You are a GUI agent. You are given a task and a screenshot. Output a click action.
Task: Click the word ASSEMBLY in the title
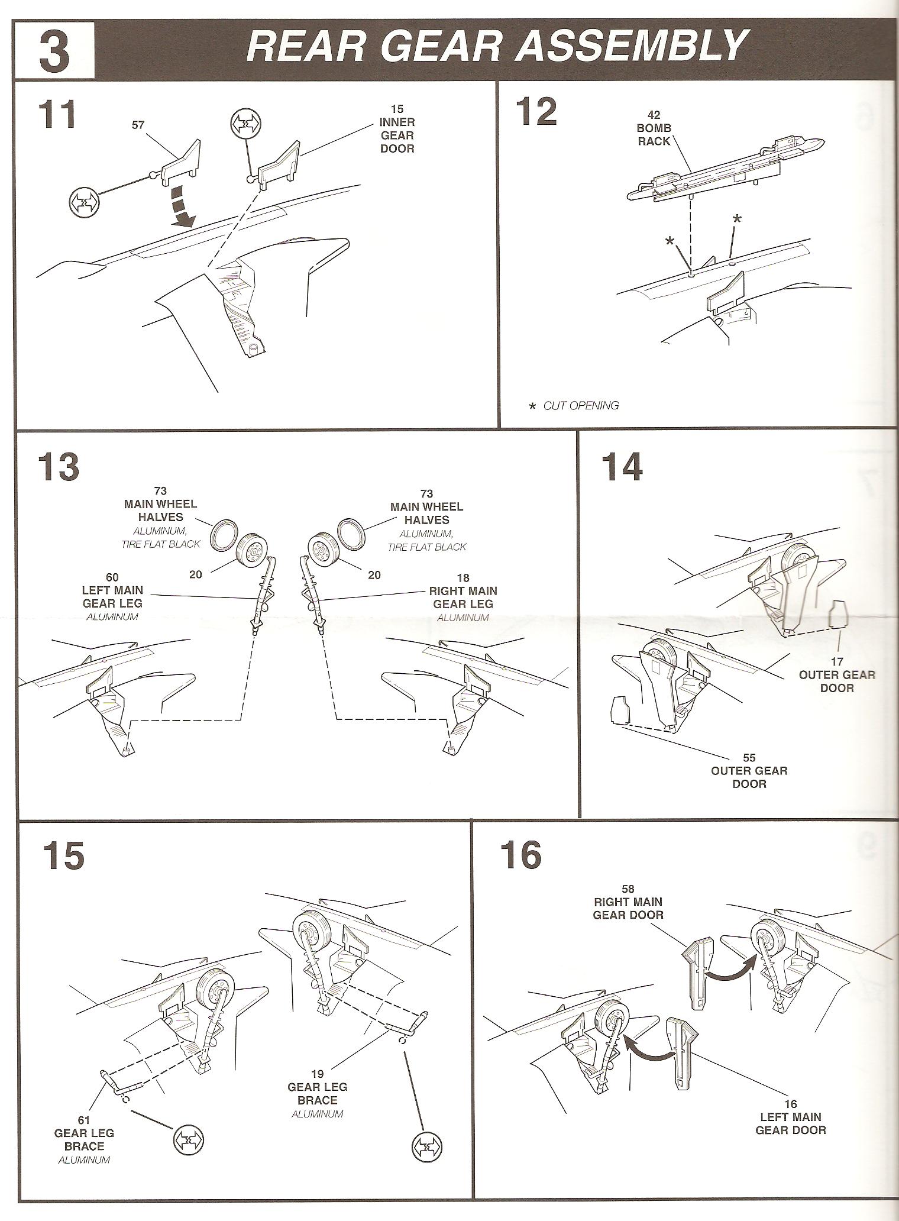tap(629, 46)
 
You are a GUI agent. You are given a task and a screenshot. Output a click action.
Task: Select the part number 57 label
tap(138, 125)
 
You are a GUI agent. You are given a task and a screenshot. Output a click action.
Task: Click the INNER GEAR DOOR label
tap(397, 135)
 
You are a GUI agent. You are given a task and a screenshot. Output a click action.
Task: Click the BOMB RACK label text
tap(654, 135)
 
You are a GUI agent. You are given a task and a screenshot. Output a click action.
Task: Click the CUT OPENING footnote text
tap(580, 406)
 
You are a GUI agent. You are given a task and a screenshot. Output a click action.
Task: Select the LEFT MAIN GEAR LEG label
tap(112, 597)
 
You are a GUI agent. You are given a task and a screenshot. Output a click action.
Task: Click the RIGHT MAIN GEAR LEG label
tap(463, 597)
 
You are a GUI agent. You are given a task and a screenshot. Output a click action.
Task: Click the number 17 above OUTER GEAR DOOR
tap(836, 661)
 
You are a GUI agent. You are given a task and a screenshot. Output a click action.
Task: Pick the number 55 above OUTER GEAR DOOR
tap(749, 757)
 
